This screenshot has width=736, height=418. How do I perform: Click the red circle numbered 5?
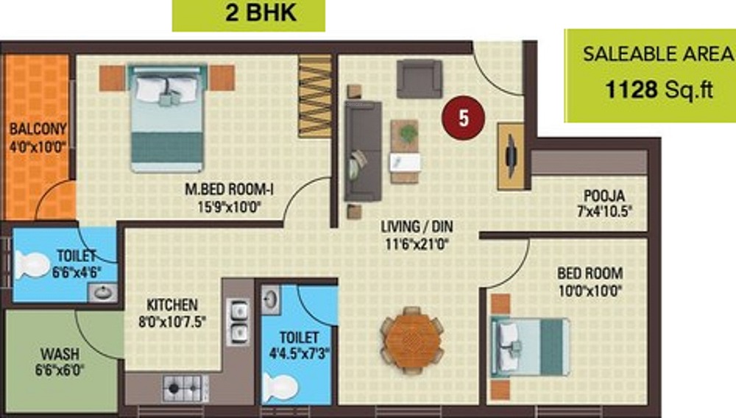[463, 118]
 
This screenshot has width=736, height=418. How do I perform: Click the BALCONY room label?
[38, 129]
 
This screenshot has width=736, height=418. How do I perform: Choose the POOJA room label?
[604, 196]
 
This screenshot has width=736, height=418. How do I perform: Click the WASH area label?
[55, 354]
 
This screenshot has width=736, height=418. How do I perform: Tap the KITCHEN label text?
[171, 305]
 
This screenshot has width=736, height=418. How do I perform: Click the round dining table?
[411, 340]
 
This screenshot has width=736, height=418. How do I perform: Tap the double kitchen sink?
[237, 321]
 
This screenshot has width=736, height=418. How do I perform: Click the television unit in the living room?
[511, 156]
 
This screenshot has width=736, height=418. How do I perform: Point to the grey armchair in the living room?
[420, 76]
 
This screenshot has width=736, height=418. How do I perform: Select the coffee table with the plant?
[405, 151]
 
